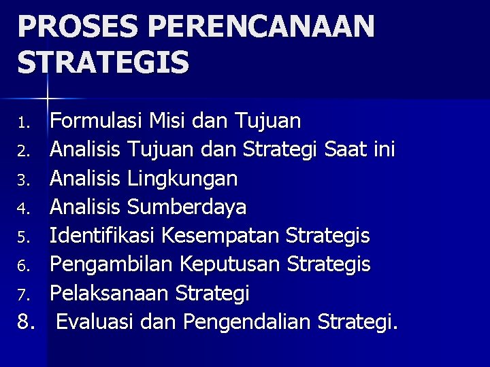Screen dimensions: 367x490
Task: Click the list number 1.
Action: point(25,122)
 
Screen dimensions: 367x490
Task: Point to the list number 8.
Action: point(27,321)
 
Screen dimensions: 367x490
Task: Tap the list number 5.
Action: point(25,237)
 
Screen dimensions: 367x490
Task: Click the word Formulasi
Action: point(96,121)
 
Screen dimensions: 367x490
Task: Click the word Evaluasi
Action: point(95,321)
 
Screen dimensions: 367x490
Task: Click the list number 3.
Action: point(25,180)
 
